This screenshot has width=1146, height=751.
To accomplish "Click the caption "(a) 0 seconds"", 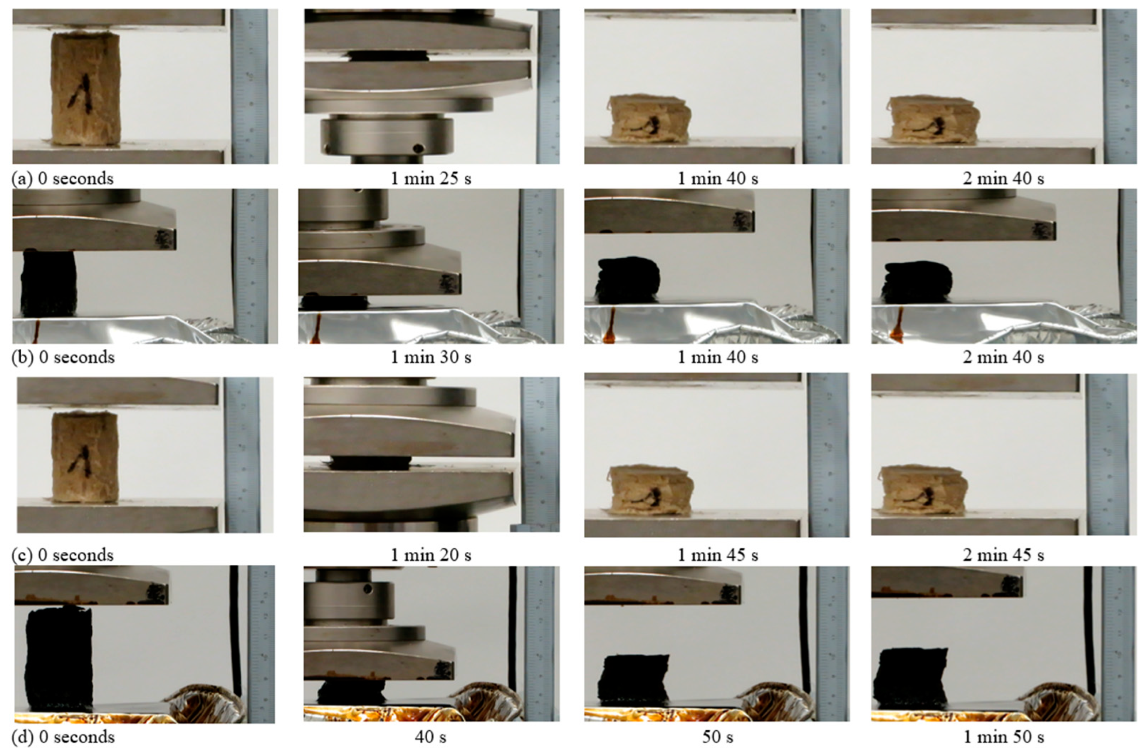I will [63, 179].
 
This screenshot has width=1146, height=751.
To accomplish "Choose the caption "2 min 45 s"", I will [1004, 555].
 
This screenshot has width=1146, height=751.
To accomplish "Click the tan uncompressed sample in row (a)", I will [86, 89].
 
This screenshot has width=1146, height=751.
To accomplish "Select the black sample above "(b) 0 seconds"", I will [48, 284].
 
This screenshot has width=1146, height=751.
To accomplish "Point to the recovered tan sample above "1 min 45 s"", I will [651, 491].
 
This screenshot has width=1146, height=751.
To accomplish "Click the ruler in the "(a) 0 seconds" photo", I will [249, 87].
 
